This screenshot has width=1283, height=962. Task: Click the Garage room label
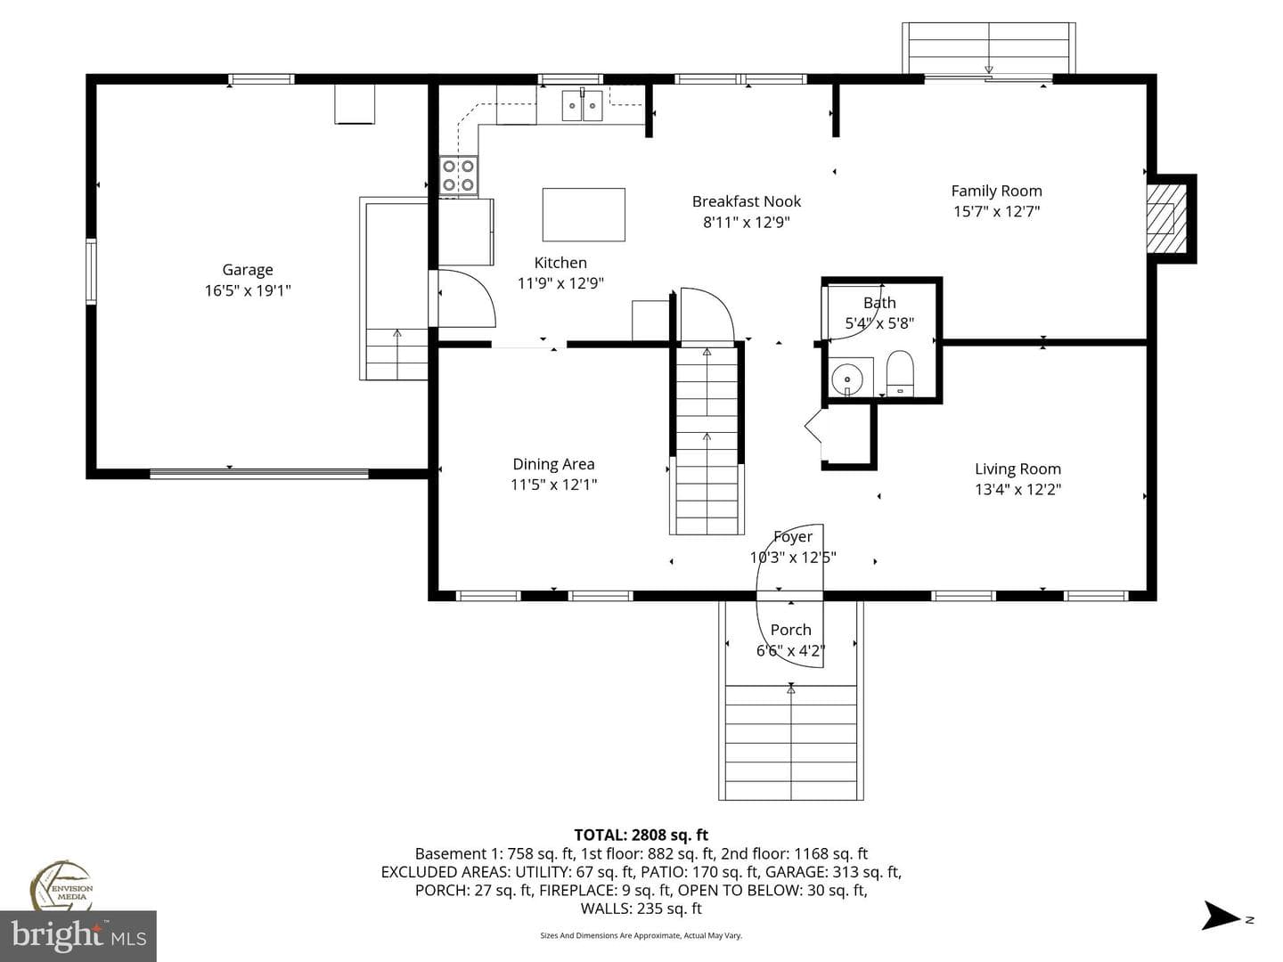coord(248,270)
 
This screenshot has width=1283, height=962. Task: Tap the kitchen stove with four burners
coord(458,175)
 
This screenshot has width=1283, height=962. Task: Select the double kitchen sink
coord(582,106)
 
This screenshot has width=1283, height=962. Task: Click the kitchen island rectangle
coord(584,215)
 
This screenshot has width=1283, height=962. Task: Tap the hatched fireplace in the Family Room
coord(1165,218)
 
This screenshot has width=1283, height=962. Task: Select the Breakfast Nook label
coord(747,201)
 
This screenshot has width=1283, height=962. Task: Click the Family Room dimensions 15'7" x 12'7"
coord(997,211)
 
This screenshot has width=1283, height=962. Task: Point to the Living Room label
coord(1017,469)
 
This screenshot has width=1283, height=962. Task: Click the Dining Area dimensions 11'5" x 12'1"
coord(553,485)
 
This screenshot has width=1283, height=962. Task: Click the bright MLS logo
coord(78,935)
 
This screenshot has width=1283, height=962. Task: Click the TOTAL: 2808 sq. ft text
coord(641,835)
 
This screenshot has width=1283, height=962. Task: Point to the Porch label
coord(791,630)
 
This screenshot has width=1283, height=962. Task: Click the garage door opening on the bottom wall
coord(259,473)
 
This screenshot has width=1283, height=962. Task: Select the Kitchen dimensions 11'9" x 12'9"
coord(560,283)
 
